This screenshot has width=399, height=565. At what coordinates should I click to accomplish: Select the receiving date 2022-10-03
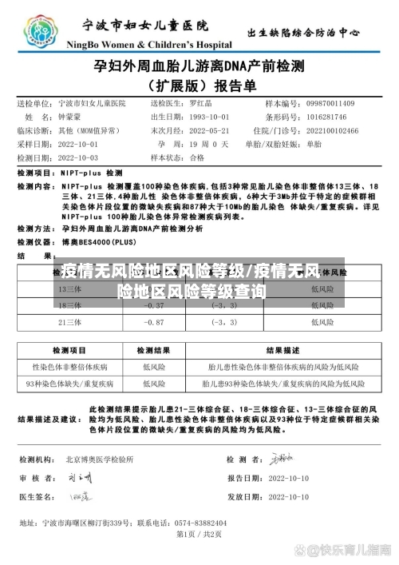(x=79, y=157)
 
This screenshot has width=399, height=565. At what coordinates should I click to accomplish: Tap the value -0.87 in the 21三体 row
(x=154, y=322)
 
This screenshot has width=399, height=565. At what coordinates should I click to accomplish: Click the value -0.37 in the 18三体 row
(x=154, y=305)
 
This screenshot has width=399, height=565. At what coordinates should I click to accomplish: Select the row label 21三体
(x=70, y=322)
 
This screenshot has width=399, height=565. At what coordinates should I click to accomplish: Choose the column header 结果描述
(x=282, y=350)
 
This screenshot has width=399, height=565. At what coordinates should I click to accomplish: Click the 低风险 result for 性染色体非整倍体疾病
(x=153, y=367)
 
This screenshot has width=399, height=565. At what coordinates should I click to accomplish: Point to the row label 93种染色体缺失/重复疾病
(x=69, y=384)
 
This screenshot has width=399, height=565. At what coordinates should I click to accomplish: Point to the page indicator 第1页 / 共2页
(x=199, y=534)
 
